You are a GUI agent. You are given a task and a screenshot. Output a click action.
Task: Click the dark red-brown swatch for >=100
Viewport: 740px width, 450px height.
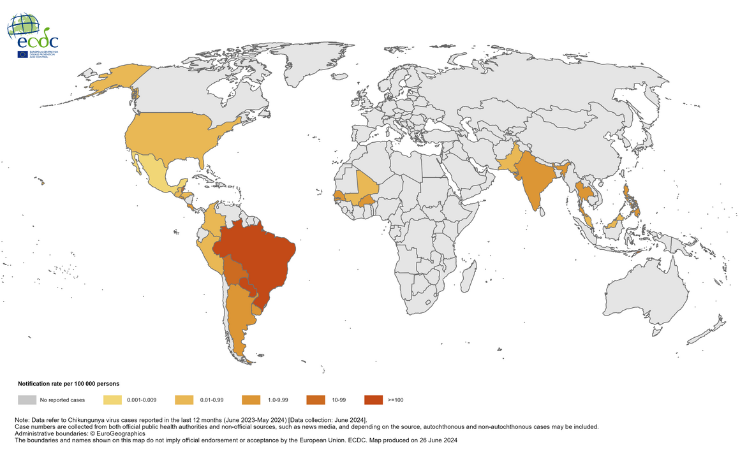(373, 400)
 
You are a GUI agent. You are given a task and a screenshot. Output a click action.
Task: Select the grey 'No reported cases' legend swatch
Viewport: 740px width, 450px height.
(27, 400)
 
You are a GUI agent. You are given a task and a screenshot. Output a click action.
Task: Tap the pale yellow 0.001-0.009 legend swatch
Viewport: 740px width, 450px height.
(113, 400)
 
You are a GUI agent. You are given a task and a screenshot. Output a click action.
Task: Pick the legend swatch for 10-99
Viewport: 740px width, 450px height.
(315, 400)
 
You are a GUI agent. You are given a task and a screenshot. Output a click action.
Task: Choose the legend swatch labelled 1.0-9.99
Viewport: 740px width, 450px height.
(251, 400)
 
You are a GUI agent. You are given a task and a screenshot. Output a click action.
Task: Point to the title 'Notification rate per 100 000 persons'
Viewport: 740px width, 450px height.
(68, 384)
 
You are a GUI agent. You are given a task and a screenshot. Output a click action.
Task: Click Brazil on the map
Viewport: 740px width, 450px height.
(255, 255)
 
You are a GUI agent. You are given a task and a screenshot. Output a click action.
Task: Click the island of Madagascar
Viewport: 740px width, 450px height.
(468, 280)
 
